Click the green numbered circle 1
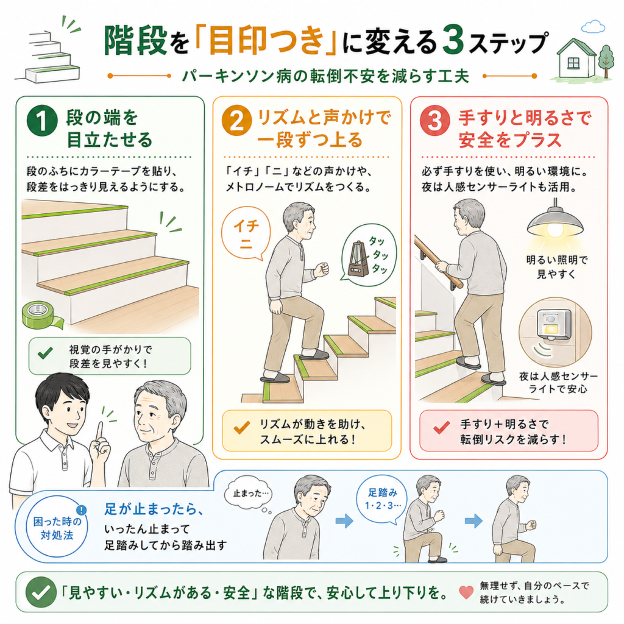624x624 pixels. pyautogui.click(x=42, y=121)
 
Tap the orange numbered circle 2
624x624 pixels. pyautogui.click(x=237, y=121)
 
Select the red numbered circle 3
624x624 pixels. pyautogui.click(x=435, y=121)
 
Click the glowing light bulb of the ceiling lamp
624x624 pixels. pyautogui.click(x=555, y=230)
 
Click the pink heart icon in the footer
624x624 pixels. pyautogui.click(x=466, y=592)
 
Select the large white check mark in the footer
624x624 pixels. pyautogui.click(x=41, y=592)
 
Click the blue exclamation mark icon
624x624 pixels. pyautogui.click(x=81, y=510)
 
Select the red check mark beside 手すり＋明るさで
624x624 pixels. pyautogui.click(x=441, y=428)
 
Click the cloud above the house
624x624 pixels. pyautogui.click(x=592, y=27)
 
